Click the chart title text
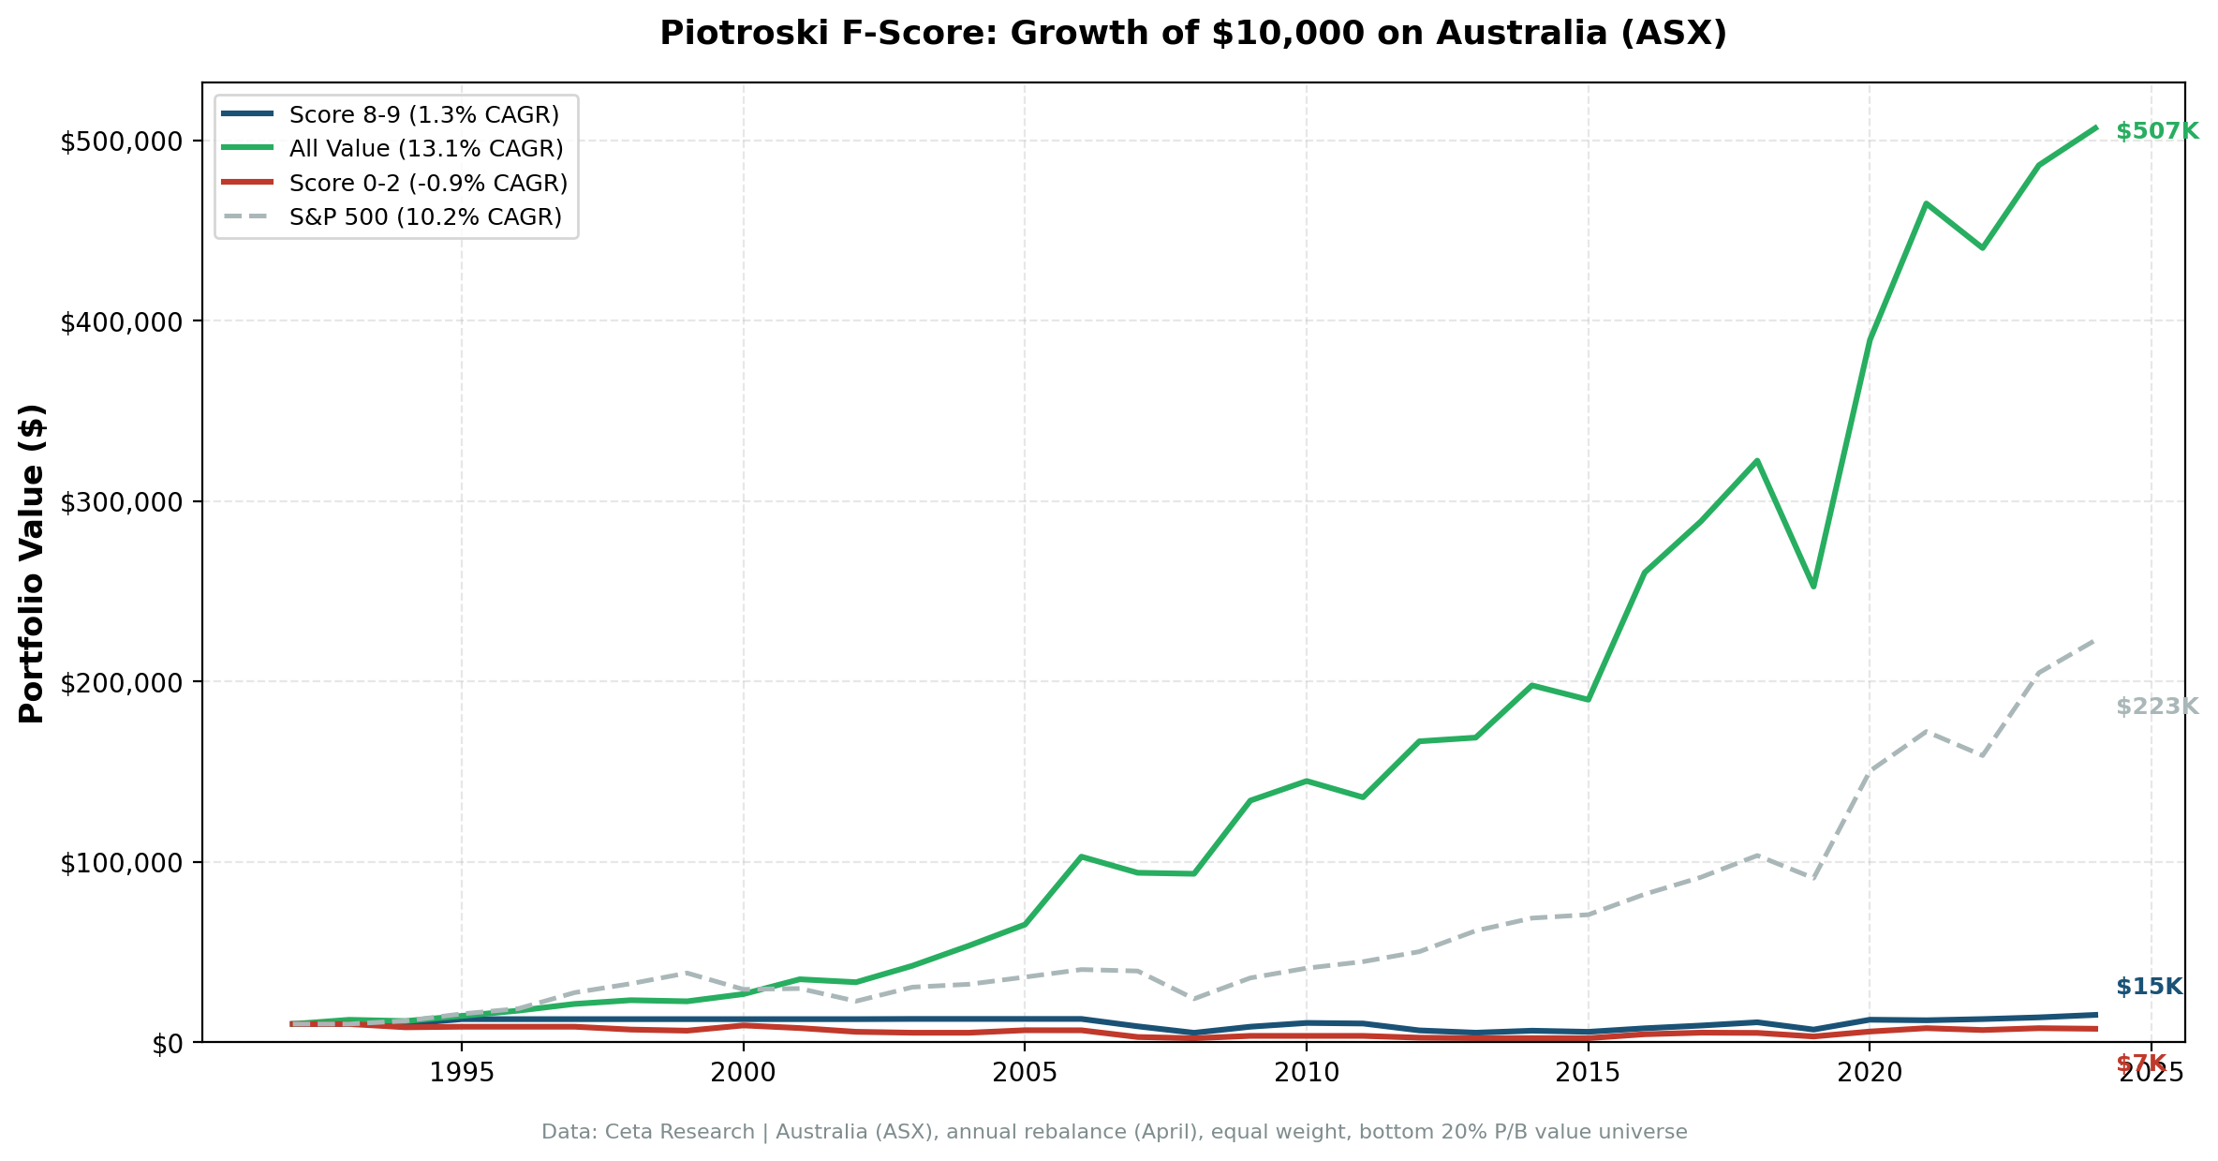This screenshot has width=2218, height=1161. pyautogui.click(x=1192, y=34)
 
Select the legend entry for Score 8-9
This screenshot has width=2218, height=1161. pyautogui.click(x=423, y=115)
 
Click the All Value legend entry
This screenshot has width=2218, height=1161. pyautogui.click(x=425, y=149)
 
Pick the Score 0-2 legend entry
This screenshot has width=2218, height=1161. pyautogui.click(x=428, y=183)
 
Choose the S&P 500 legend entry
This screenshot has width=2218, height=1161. pyautogui.click(x=425, y=217)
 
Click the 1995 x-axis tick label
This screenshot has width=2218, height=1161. pyautogui.click(x=461, y=1074)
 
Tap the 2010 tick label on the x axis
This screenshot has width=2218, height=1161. pyautogui.click(x=1306, y=1074)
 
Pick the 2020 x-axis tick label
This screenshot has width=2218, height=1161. pyautogui.click(x=1869, y=1074)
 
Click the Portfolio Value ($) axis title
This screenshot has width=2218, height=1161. pyautogui.click(x=32, y=563)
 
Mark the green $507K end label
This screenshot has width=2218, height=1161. pyautogui.click(x=2156, y=132)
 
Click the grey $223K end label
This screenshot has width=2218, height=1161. pyautogui.click(x=2156, y=707)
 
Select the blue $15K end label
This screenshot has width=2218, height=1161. pyautogui.click(x=2149, y=987)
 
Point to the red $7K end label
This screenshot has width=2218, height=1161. pyautogui.click(x=2141, y=1064)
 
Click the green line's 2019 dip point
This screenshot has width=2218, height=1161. pyautogui.click(x=1813, y=587)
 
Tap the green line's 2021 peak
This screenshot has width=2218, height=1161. pyautogui.click(x=1926, y=203)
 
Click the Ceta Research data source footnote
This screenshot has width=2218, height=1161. pyautogui.click(x=1114, y=1132)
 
